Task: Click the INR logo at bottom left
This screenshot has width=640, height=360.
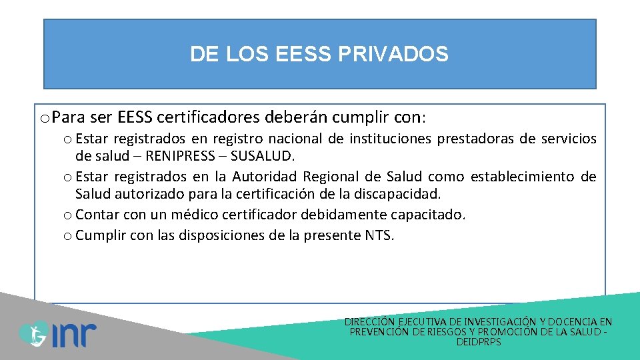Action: pos(57,333)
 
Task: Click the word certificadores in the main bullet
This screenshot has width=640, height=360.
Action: pos(208,118)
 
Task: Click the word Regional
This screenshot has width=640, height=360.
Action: pos(332,177)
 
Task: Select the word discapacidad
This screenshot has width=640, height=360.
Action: pos(405,194)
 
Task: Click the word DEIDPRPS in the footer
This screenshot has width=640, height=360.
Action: pos(479,342)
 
